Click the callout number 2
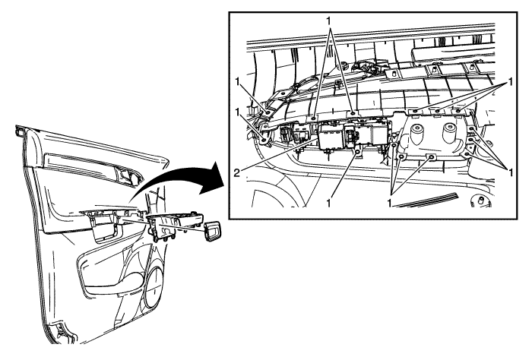[237, 173]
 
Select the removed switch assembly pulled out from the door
[173, 227]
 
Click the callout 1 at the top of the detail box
[328, 21]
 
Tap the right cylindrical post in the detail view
[450, 131]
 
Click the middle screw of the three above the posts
[437, 111]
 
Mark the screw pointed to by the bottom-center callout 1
[358, 152]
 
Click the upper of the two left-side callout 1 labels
[238, 82]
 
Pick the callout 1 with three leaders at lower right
[510, 172]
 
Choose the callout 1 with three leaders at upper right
[510, 82]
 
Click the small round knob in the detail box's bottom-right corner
[481, 201]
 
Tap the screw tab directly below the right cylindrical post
[431, 157]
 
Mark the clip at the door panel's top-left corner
[20, 131]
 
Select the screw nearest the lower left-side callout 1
[264, 139]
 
